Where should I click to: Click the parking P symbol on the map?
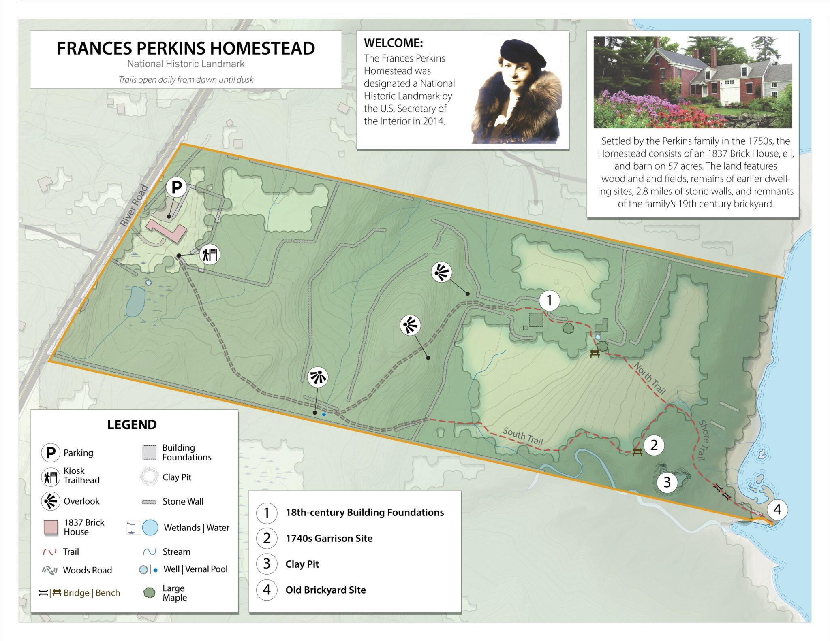pos(176,187)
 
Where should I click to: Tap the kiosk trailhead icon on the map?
pos(210,255)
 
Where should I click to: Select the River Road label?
pos(134,205)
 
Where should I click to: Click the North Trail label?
pos(650,378)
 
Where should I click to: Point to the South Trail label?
pos(523,436)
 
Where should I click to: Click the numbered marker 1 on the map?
pos(549,300)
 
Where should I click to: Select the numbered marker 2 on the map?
pos(654,445)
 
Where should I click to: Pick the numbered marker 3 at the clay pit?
pos(667,482)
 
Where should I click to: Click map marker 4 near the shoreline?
pos(777,509)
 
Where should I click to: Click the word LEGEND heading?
pos(132,424)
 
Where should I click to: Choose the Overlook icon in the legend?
pos(51,501)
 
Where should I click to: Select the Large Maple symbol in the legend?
pos(150,593)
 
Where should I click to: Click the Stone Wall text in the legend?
pos(183,501)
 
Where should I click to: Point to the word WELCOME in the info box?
pos(393,43)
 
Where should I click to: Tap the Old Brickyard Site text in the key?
pos(325,590)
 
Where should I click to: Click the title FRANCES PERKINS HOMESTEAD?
pos(186,49)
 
